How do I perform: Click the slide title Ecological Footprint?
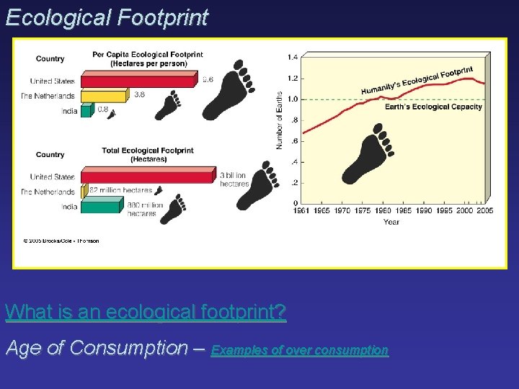107,17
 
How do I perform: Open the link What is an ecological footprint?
146,313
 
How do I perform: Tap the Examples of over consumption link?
299,350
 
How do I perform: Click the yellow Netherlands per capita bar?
105,95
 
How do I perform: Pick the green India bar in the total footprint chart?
101,207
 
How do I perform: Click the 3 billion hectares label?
234,179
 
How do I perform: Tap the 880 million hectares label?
145,209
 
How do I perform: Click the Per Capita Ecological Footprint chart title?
147,59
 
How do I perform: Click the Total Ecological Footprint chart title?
147,155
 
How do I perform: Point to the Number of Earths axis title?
280,120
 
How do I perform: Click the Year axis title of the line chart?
391,222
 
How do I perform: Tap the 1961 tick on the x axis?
302,212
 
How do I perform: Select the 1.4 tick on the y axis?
292,57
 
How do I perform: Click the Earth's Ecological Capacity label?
433,107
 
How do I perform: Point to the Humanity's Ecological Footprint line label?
417,81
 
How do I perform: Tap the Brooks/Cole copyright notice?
61,241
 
